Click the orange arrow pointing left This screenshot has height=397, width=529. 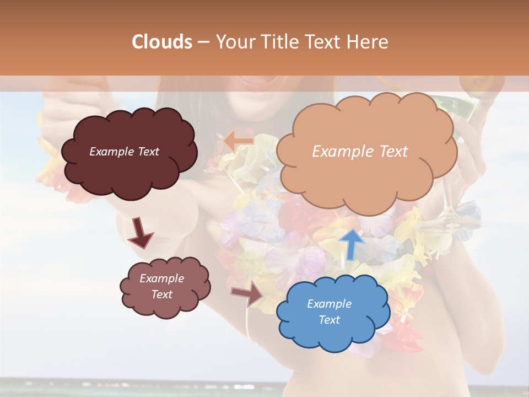[x=238, y=141]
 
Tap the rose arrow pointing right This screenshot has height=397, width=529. [x=248, y=293]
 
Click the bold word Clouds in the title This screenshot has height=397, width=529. [x=161, y=42]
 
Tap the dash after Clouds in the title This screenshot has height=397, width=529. [x=203, y=42]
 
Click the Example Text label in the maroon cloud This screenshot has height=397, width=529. [x=124, y=152]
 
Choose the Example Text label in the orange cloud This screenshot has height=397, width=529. [x=360, y=152]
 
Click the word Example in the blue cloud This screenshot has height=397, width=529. [x=329, y=304]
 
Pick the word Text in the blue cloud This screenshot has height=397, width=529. [x=329, y=320]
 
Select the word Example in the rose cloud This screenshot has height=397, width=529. [x=161, y=278]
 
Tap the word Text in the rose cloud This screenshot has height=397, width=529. [x=161, y=294]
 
